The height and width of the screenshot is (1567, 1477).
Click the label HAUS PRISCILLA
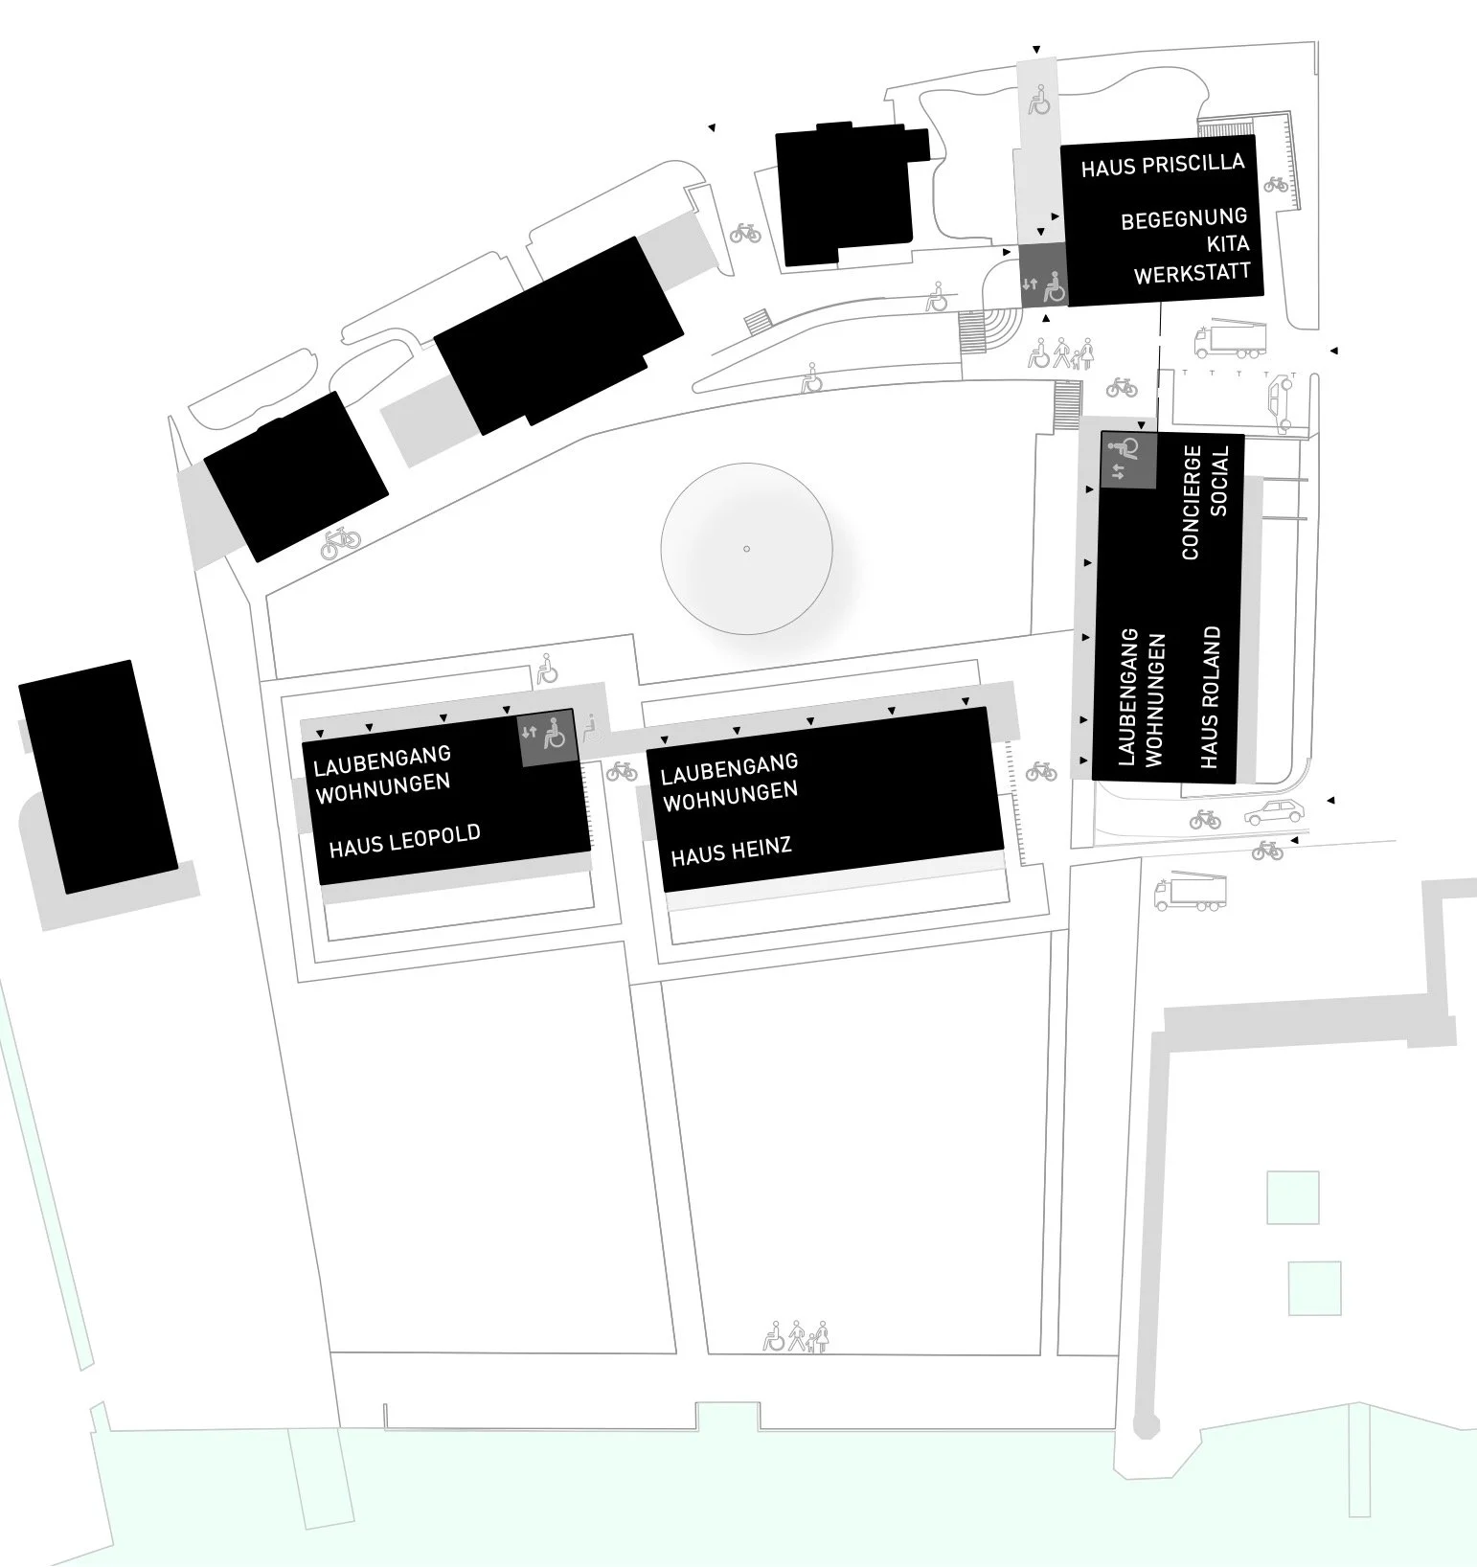point(1163,165)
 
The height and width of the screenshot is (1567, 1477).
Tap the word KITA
point(1227,244)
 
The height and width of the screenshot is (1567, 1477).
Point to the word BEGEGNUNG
point(1185,218)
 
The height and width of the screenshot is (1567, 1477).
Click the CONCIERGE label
point(1192,502)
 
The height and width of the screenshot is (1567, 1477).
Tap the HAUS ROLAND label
point(1211,697)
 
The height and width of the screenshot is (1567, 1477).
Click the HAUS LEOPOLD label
point(404,840)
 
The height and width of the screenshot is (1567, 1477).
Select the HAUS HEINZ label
point(731,851)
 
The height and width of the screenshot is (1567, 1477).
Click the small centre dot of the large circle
point(746,549)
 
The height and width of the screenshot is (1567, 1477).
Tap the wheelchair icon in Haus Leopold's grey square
point(554,735)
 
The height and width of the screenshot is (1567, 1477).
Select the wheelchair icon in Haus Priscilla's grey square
point(1052,284)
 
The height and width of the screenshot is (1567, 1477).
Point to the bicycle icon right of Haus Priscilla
point(1276,184)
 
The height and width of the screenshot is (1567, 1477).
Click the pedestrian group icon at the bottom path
point(796,1336)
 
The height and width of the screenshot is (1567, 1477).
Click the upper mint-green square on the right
point(1292,1197)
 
